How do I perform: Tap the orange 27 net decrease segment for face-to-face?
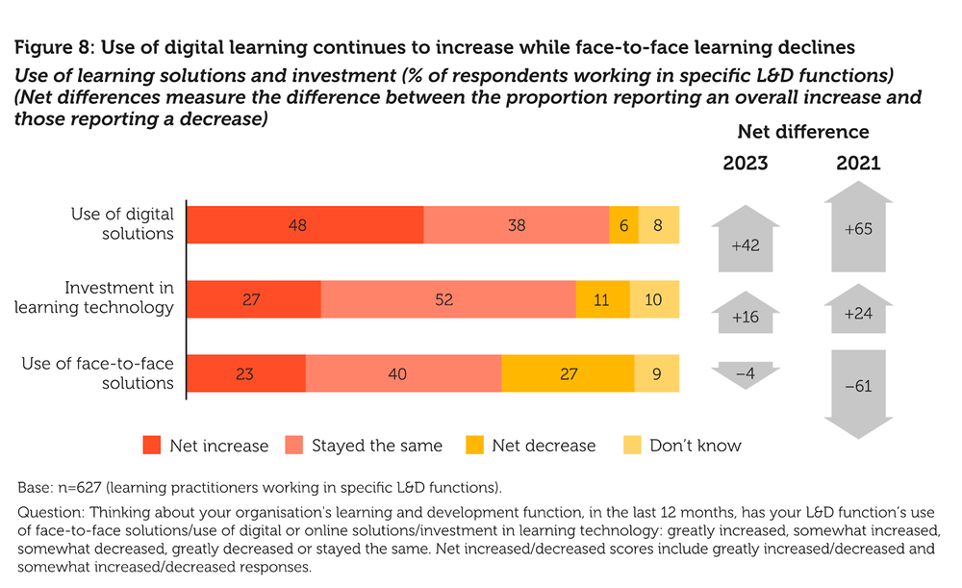(568, 373)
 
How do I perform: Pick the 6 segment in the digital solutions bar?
(623, 224)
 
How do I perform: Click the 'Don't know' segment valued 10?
(654, 299)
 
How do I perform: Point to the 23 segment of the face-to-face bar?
(245, 373)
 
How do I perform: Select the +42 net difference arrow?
(746, 243)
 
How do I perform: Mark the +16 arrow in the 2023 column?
(746, 314)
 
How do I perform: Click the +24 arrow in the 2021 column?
(858, 311)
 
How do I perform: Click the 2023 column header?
(746, 164)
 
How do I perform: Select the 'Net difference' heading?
(802, 132)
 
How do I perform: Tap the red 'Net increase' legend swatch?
(152, 446)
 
